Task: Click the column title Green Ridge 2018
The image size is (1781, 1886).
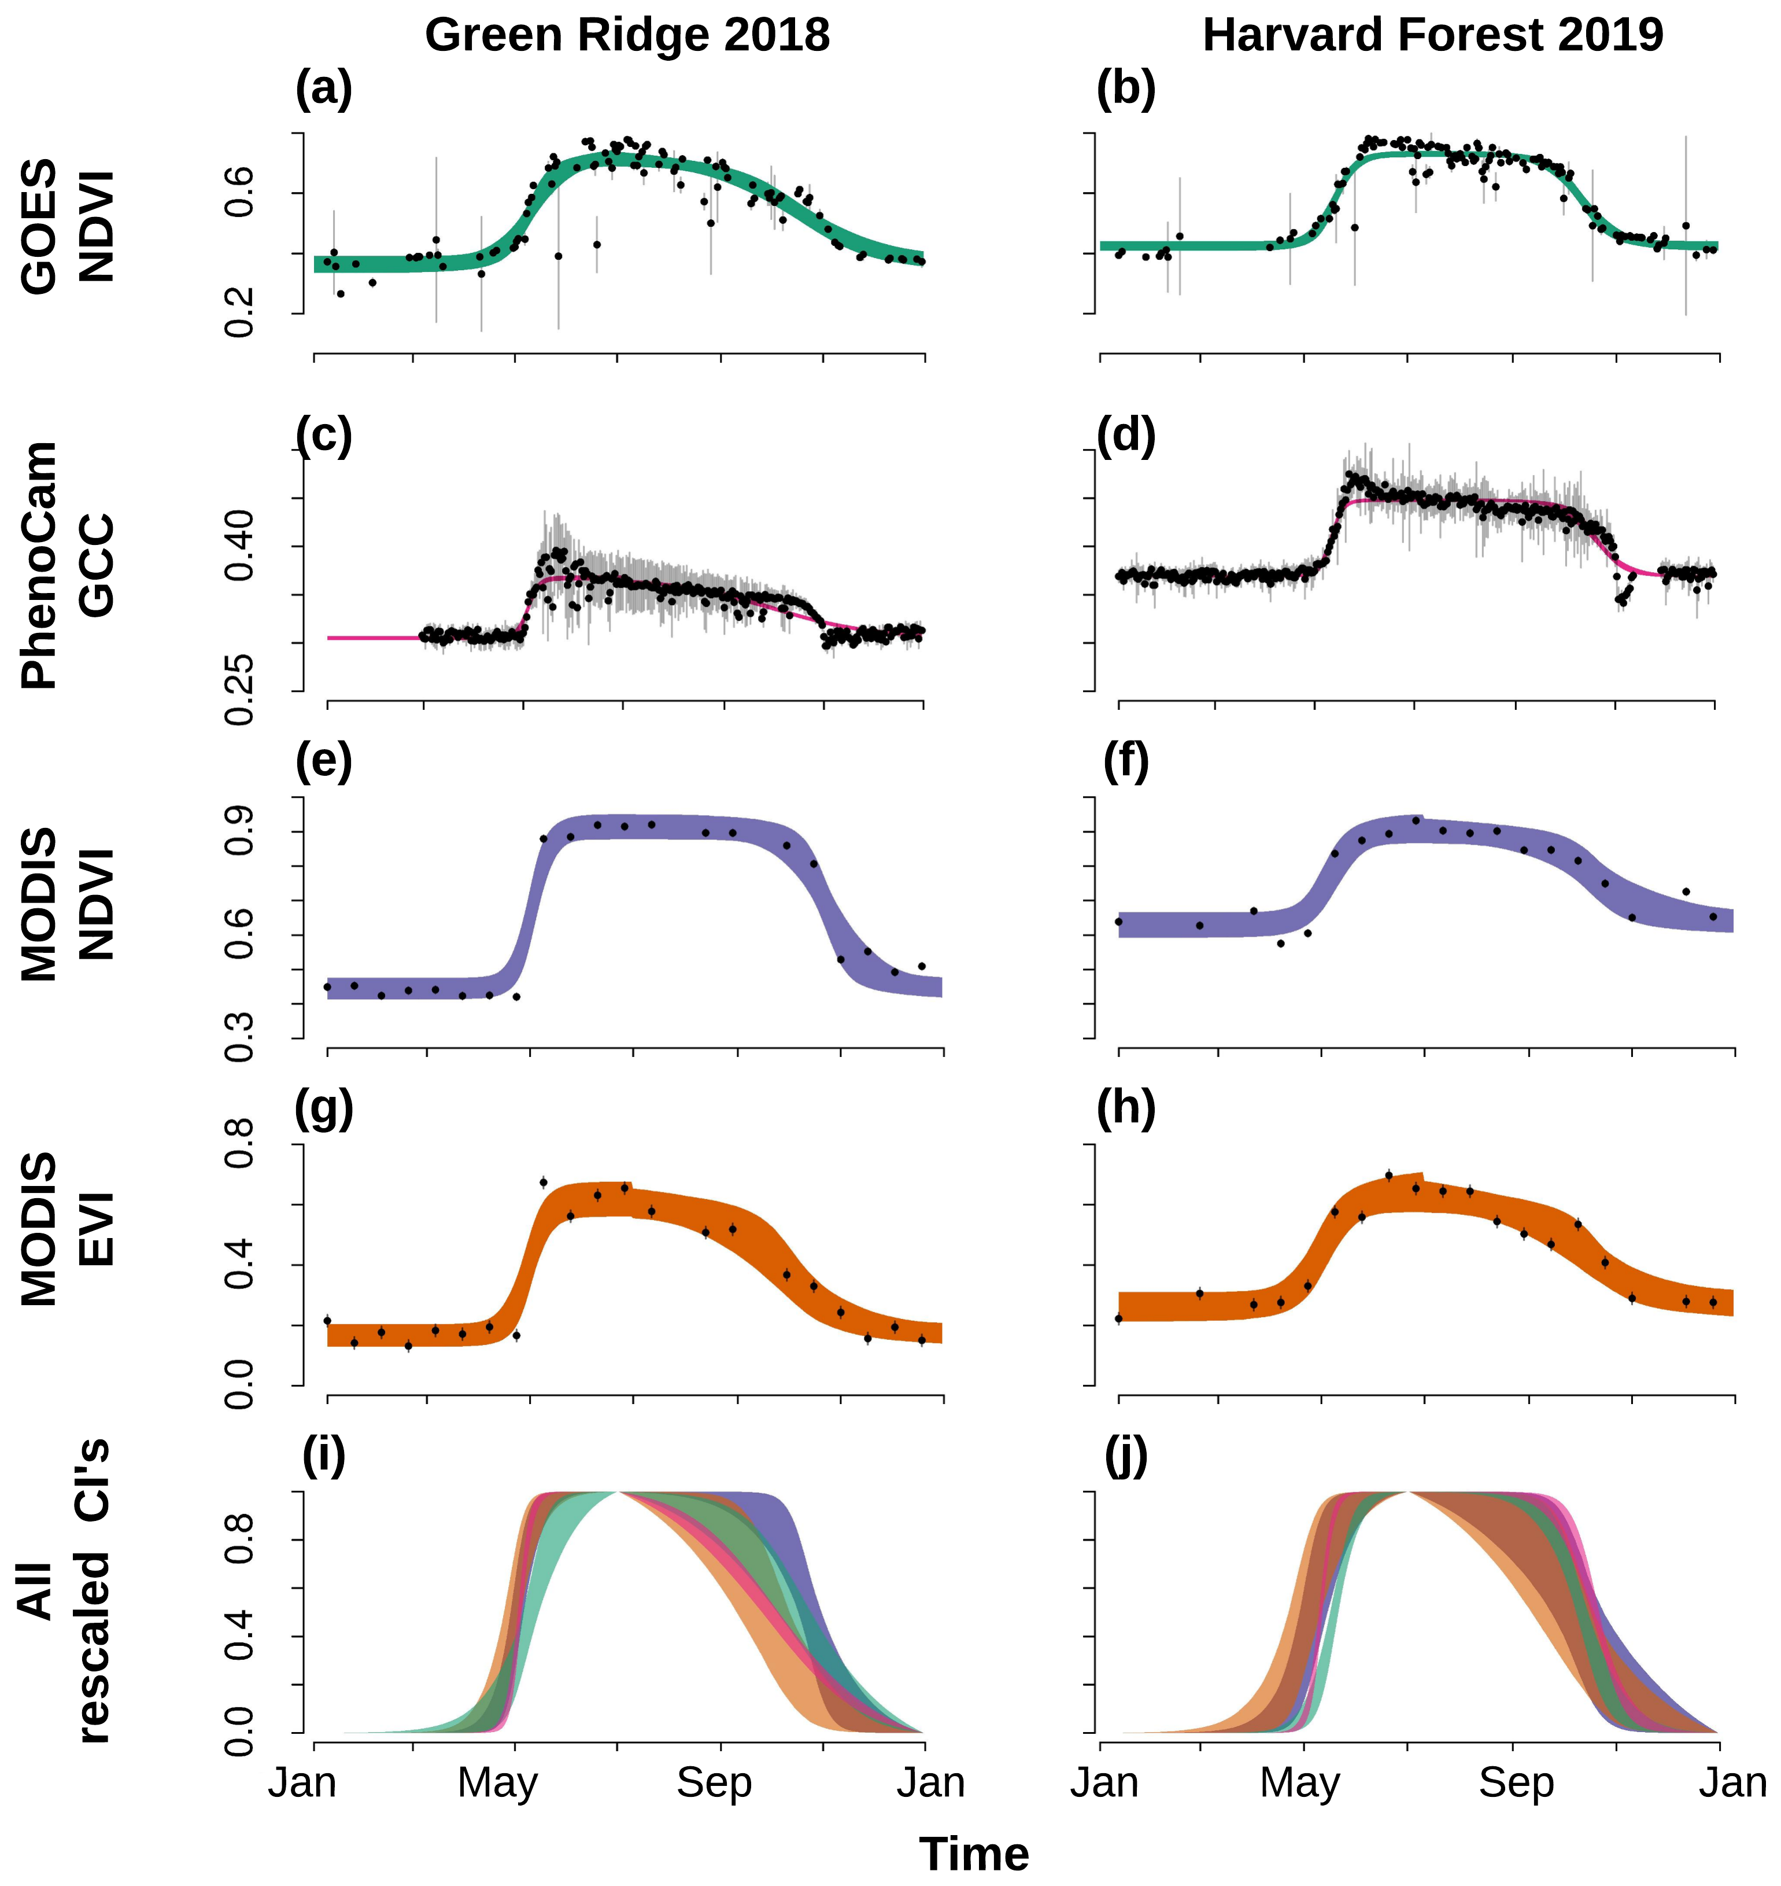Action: [627, 35]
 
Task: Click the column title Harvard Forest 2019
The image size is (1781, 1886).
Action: [1432, 35]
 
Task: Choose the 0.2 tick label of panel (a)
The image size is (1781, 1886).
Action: [239, 311]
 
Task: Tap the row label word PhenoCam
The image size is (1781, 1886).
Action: [40, 565]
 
